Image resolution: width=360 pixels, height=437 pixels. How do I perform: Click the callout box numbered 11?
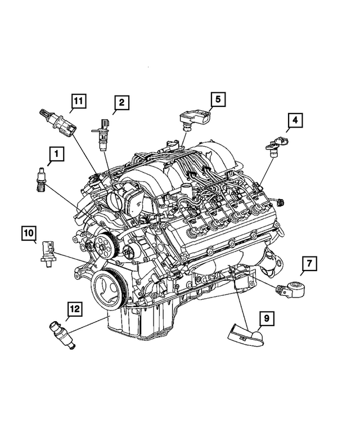click(x=79, y=102)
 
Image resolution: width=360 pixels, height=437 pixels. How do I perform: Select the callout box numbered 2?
click(x=120, y=103)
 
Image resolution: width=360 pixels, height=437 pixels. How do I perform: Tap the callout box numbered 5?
click(x=218, y=100)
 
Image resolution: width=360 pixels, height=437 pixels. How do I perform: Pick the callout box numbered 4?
click(x=295, y=120)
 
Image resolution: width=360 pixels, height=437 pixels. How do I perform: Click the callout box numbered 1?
click(x=56, y=153)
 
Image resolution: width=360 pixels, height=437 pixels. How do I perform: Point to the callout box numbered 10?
click(x=30, y=232)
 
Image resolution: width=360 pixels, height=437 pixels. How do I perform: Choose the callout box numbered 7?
click(x=309, y=263)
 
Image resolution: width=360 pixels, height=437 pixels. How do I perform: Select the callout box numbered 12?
click(x=75, y=308)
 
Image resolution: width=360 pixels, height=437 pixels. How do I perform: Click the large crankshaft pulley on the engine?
click(x=109, y=287)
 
